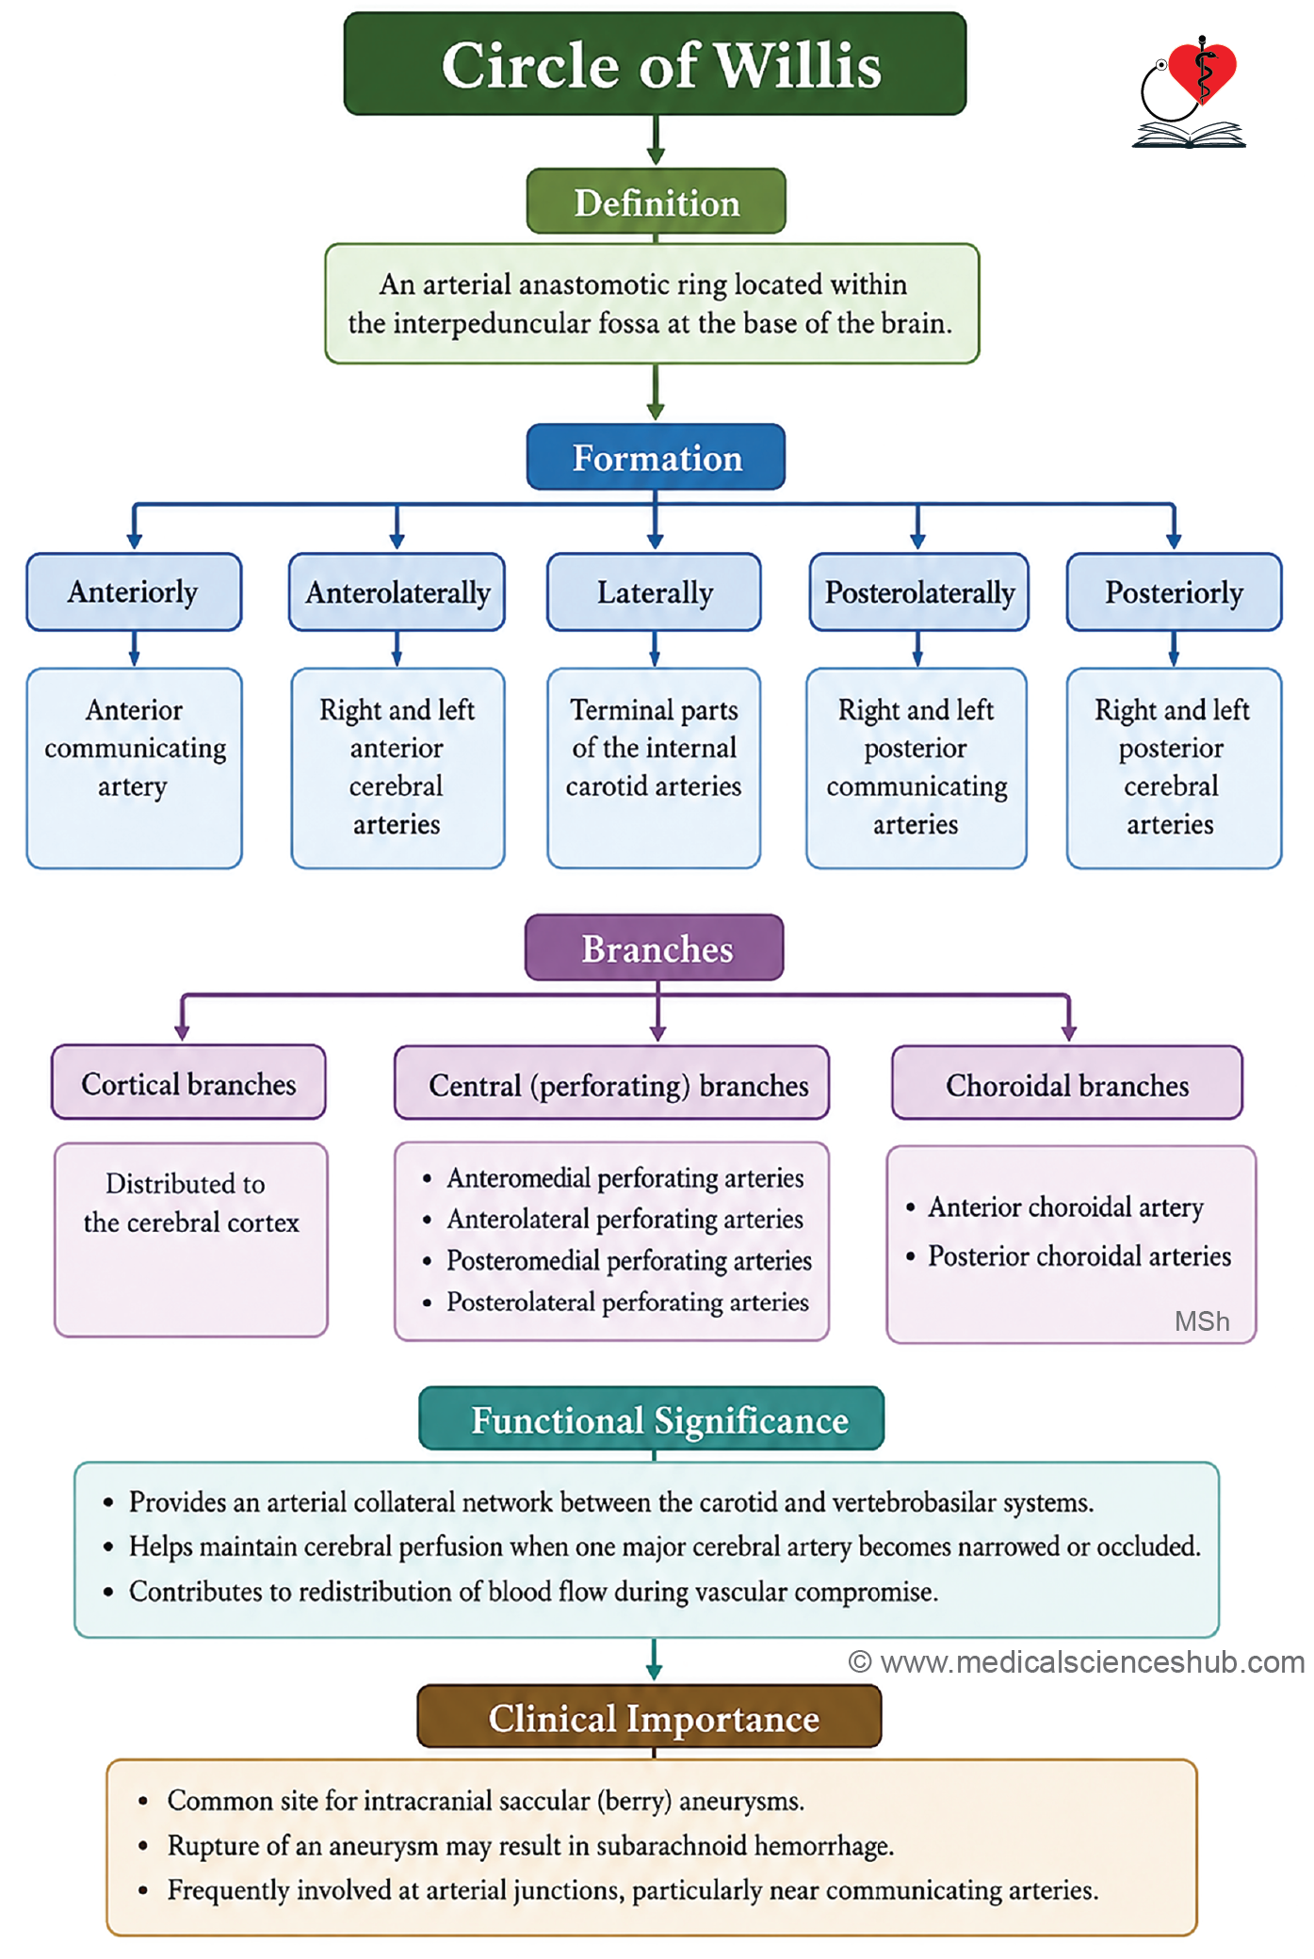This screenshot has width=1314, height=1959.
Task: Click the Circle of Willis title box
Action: (656, 64)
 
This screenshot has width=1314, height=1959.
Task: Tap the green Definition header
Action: (656, 202)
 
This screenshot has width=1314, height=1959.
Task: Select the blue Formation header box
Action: (656, 457)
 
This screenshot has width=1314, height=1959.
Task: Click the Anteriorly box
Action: (134, 591)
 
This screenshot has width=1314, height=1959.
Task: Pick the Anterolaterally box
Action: (397, 591)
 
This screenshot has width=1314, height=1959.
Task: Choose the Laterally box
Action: (655, 591)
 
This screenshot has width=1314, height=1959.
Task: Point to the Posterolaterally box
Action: (918, 591)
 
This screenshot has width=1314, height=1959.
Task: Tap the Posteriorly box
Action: (1174, 591)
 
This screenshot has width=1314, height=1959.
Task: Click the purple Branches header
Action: (655, 947)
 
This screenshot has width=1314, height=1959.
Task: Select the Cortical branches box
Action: (188, 1082)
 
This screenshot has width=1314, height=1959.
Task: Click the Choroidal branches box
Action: (1067, 1083)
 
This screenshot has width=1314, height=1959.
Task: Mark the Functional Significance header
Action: (652, 1418)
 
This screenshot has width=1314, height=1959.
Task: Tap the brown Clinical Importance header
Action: (650, 1717)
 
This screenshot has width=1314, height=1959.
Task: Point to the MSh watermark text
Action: (1202, 1321)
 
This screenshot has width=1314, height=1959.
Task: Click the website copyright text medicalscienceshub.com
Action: (1077, 1662)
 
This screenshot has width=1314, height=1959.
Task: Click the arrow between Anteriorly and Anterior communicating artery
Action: (135, 649)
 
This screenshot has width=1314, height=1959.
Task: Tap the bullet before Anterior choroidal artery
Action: (910, 1207)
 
